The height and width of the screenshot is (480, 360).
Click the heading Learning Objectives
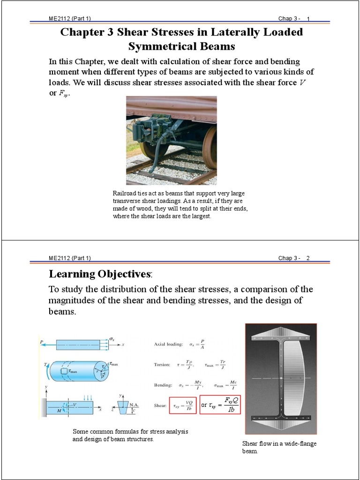pos(100,274)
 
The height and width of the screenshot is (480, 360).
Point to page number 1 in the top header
pos(309,19)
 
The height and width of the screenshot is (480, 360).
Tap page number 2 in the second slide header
pos(308,258)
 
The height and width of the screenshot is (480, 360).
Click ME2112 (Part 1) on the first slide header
pos(70,19)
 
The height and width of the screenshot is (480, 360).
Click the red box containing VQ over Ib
pos(182,405)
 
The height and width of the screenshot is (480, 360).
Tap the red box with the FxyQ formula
pos(220,405)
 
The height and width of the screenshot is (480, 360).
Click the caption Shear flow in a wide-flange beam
pos(279,447)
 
